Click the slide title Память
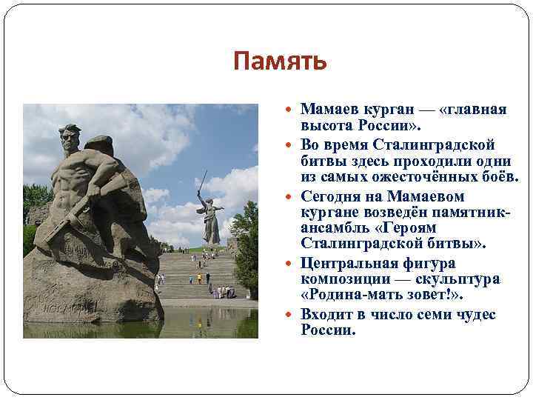click(279, 61)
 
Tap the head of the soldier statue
click(71, 137)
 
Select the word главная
click(475, 110)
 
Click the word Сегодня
click(332, 196)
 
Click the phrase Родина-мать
click(355, 296)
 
